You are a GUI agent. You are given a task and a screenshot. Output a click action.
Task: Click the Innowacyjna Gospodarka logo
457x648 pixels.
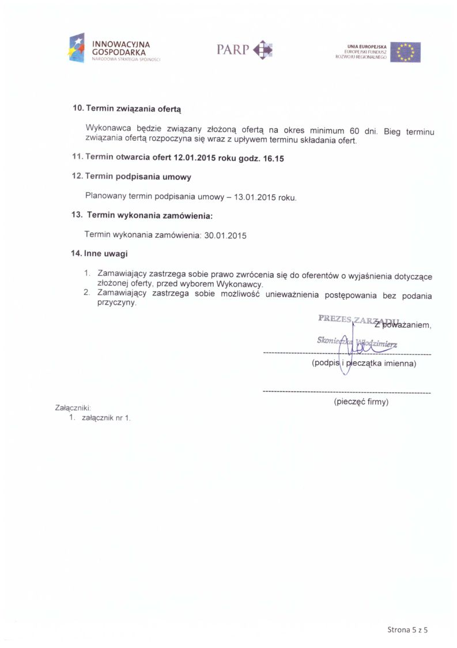point(114,48)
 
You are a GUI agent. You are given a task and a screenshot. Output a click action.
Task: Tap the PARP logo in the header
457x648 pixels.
point(244,50)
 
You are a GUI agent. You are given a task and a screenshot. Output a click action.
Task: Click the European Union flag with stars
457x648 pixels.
point(405,52)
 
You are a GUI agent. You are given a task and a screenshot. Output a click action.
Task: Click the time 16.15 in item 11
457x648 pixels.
point(274,159)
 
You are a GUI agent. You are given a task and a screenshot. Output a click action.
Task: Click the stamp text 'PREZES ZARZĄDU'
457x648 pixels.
point(354,319)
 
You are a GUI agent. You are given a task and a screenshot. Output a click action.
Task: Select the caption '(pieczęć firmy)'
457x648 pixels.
point(361,402)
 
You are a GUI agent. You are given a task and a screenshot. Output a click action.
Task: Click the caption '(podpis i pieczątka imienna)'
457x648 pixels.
point(364,364)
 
